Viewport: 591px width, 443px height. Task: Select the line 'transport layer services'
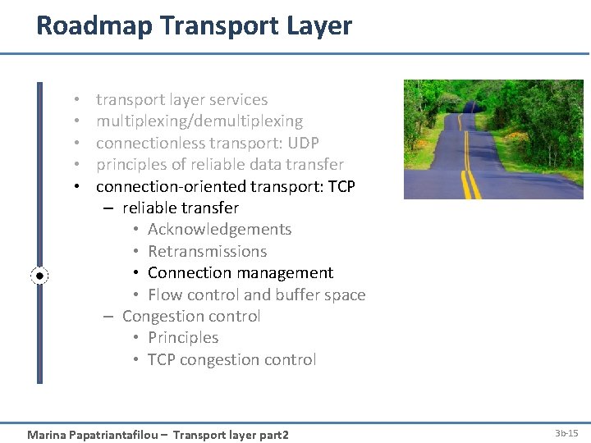click(x=181, y=100)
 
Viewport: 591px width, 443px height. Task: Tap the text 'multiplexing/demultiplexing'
click(x=199, y=121)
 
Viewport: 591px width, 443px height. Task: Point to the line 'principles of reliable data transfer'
click(x=219, y=165)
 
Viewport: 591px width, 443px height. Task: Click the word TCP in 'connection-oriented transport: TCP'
click(x=341, y=186)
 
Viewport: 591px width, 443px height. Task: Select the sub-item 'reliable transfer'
click(x=180, y=208)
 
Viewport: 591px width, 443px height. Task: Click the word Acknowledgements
click(x=219, y=230)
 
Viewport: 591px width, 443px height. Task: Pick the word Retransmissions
click(x=207, y=252)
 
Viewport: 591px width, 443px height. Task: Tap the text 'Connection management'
click(x=241, y=273)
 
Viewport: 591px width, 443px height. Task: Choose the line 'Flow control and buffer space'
click(x=256, y=295)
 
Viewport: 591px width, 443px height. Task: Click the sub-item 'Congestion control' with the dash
click(x=190, y=317)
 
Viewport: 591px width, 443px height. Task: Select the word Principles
click(x=183, y=338)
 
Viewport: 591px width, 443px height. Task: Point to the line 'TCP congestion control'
click(x=231, y=360)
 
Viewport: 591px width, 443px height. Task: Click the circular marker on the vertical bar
click(x=39, y=276)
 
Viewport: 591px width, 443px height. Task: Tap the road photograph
click(x=493, y=139)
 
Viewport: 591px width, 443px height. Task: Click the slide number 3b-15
click(x=566, y=432)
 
